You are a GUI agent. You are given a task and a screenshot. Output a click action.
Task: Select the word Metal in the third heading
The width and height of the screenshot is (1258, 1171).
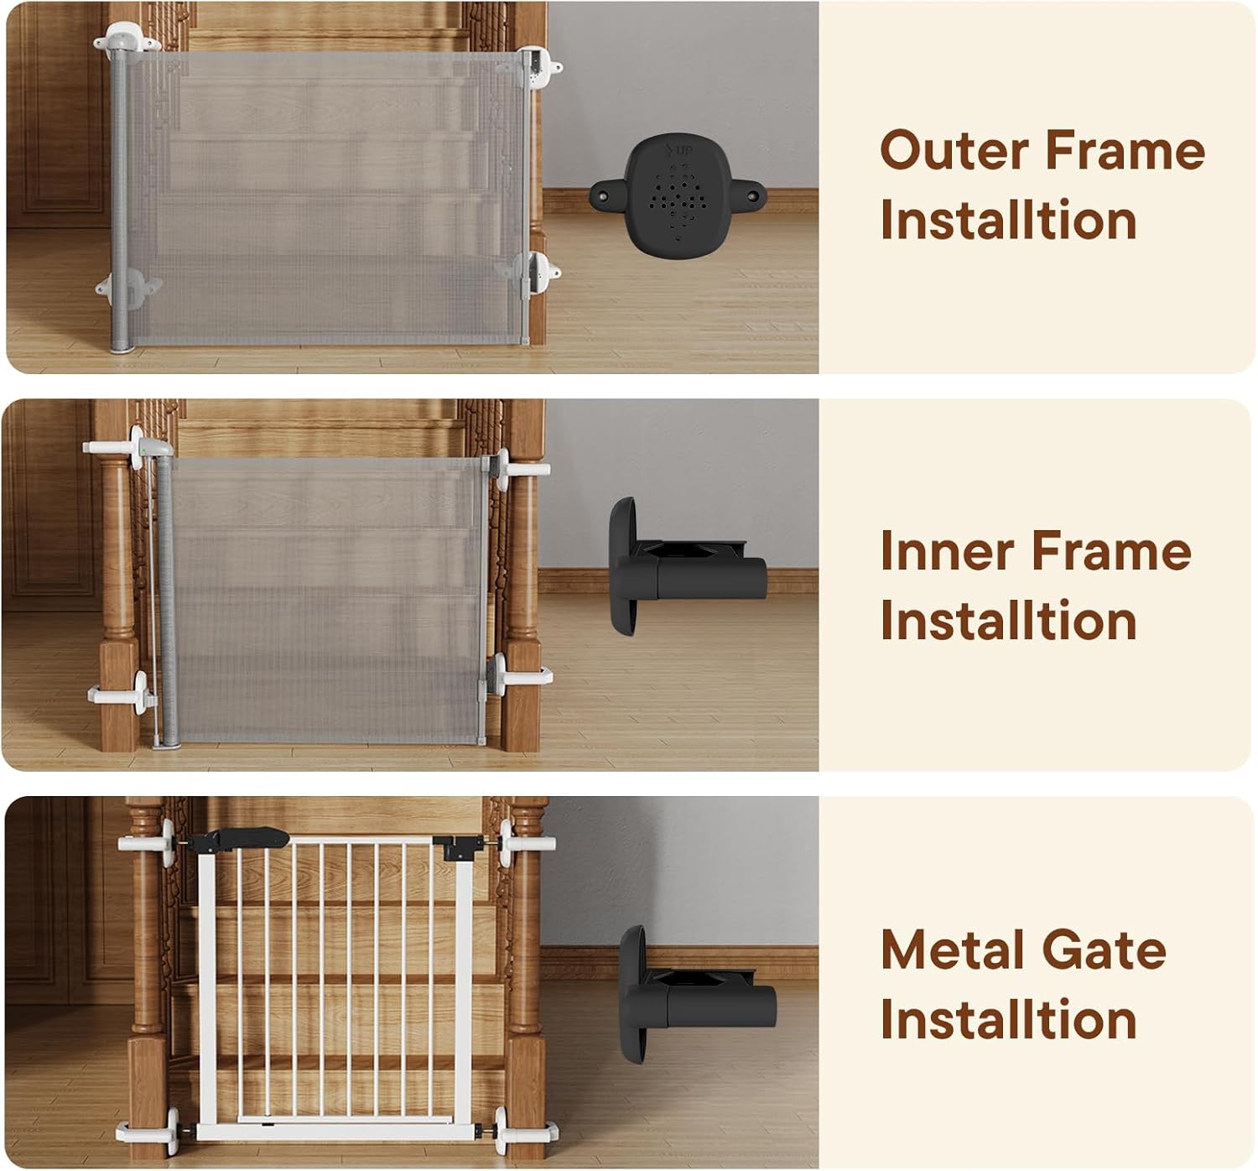946,950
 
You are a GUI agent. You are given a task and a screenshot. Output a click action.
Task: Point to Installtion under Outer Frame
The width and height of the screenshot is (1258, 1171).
1008,221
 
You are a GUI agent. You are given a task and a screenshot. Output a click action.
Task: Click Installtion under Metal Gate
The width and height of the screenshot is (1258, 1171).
1008,1020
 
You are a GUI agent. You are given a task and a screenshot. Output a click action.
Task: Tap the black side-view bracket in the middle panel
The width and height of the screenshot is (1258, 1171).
684,566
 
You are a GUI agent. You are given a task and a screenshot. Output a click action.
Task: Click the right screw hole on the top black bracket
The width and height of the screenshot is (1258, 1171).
752,195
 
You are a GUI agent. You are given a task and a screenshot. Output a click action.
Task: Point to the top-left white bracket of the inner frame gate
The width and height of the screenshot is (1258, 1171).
117,446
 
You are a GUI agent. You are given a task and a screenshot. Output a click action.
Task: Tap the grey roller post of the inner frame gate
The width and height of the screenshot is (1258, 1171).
166,600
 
